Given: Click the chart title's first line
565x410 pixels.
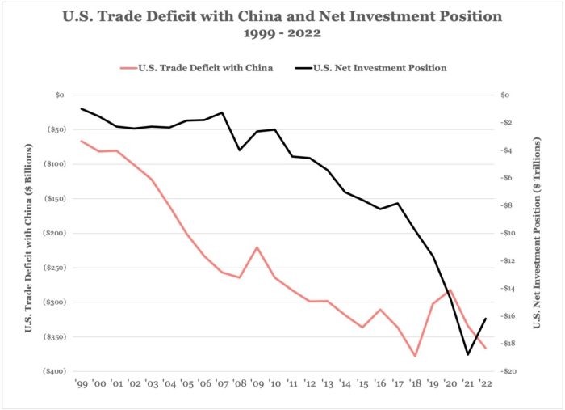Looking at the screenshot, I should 282,16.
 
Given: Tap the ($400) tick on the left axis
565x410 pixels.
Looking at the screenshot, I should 55,371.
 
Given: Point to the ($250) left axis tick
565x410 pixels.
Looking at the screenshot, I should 55,268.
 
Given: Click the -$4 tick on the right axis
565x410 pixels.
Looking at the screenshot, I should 509,150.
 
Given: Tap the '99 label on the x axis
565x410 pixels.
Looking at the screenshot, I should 82,383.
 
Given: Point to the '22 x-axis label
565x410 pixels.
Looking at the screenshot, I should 486,383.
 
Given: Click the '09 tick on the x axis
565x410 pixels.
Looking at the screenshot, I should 257,383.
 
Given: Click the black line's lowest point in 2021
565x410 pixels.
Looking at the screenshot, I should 467,354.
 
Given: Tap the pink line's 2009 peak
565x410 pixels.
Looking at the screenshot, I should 257,247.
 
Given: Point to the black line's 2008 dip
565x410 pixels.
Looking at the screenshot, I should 240,150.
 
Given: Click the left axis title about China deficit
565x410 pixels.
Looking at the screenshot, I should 30,235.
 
